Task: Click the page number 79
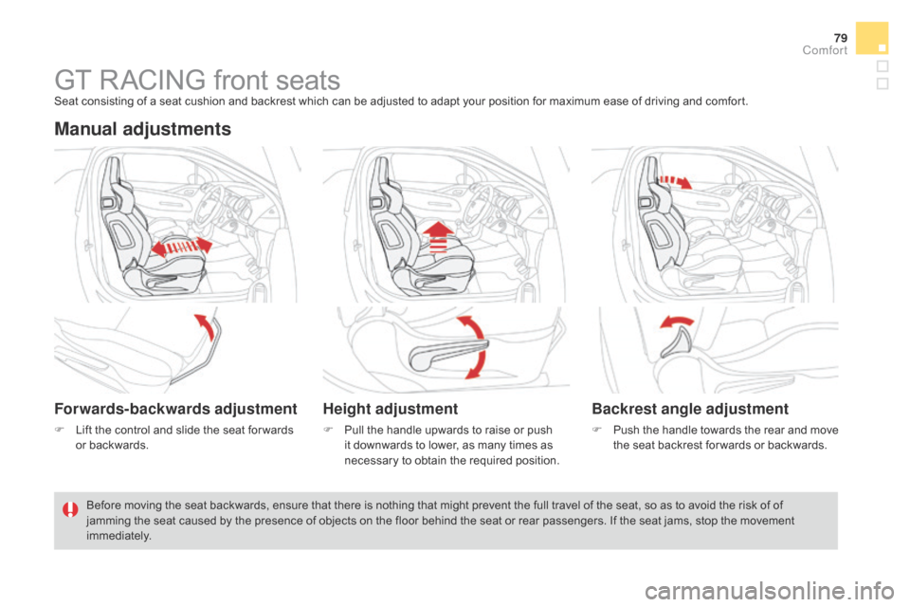[x=841, y=38]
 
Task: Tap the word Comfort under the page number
[x=825, y=50]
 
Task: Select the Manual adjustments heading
[x=143, y=128]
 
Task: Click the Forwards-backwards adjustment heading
[x=176, y=409]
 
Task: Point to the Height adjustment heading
[x=391, y=409]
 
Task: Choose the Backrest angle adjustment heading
[x=690, y=409]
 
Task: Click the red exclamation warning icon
[x=70, y=510]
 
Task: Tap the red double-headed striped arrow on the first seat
[x=182, y=247]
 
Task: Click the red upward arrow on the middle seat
[x=438, y=237]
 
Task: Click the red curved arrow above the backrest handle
[x=676, y=322]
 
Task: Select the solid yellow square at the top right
[x=872, y=38]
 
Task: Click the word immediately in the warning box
[x=118, y=536]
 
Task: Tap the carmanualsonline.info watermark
[x=770, y=591]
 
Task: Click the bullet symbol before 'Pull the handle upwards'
[x=328, y=430]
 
